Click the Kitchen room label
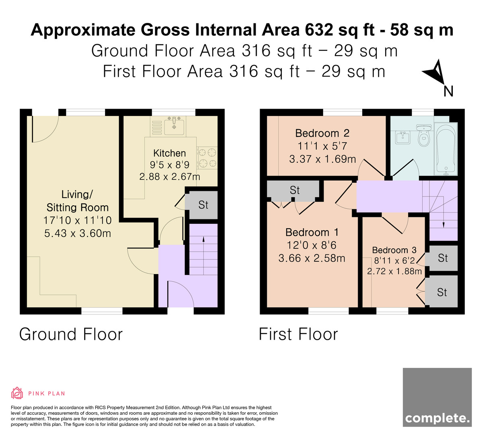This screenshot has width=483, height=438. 169,153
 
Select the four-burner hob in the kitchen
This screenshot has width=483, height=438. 207,158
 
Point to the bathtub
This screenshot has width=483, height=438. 446,149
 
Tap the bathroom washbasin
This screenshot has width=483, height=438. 403,137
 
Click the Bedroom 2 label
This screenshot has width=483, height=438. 322,133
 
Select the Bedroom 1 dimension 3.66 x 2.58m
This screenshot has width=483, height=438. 312,258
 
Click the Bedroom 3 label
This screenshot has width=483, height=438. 394,250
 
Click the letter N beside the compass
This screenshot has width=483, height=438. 448,91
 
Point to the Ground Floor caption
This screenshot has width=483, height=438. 71,334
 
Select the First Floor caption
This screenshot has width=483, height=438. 298,334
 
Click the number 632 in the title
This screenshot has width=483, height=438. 319,30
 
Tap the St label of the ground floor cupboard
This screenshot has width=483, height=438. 203,205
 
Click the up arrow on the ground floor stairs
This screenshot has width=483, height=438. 203,256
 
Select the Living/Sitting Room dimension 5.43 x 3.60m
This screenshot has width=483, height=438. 78,233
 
